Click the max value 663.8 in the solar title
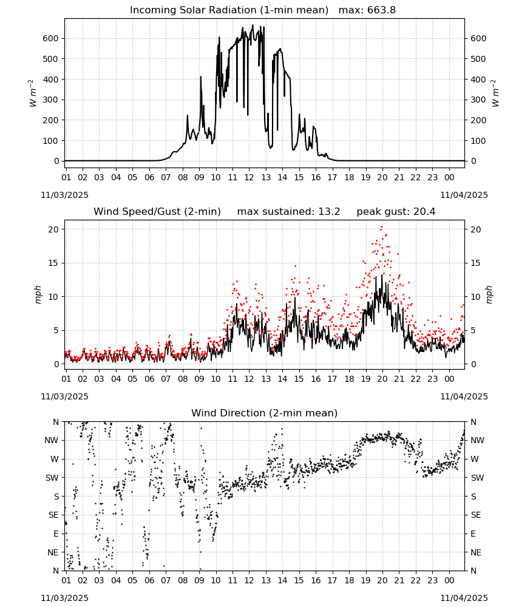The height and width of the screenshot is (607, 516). coord(381,10)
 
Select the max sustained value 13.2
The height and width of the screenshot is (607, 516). coord(329,212)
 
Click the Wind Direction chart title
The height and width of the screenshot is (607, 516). coord(265,413)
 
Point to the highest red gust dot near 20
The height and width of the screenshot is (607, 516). coord(381,227)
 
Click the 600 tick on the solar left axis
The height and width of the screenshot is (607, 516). coord(51,38)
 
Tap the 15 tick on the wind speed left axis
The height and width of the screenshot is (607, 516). coord(54,263)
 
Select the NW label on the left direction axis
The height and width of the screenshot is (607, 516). coord(51,441)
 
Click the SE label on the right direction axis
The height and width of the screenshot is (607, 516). coord(476,515)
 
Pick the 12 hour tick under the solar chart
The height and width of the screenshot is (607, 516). coord(249,177)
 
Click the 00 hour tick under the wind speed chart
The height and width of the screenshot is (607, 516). coord(449,379)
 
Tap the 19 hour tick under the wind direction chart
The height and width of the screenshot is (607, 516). coord(366,580)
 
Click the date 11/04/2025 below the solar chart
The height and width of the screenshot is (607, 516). coord(464,195)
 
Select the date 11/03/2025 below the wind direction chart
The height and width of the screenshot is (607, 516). coord(64,598)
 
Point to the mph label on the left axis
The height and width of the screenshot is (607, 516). coord(38,294)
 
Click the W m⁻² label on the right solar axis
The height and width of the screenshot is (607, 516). coord(495,93)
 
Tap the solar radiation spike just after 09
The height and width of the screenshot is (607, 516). coord(200,78)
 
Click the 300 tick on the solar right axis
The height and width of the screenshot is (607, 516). coord(478,100)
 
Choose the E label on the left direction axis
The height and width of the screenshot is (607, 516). coord(56,534)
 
